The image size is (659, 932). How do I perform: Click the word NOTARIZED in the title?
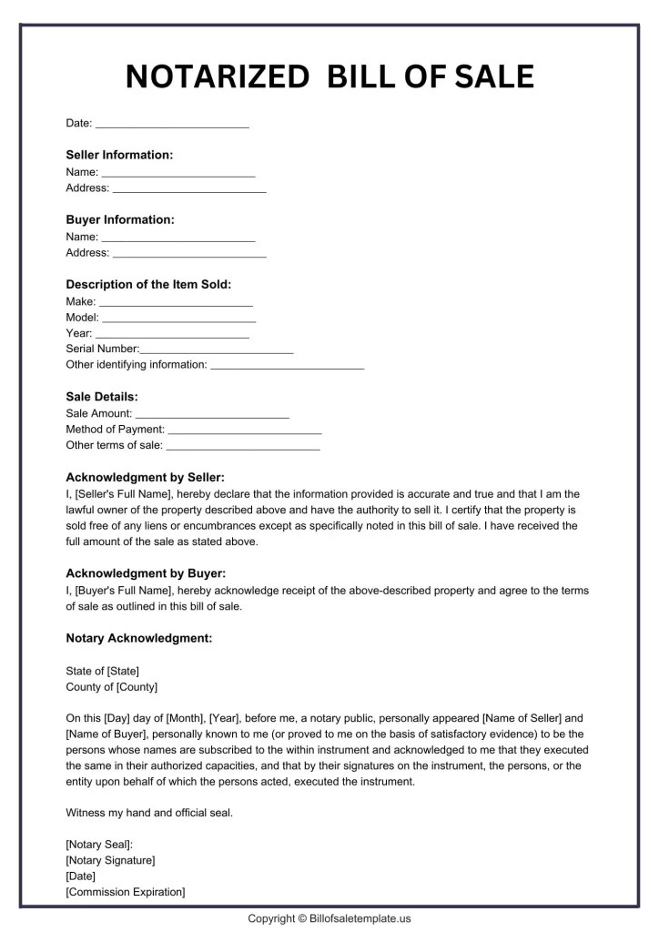(x=218, y=77)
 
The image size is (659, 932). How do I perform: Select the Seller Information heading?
(x=119, y=155)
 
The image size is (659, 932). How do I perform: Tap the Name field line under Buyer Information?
(x=178, y=238)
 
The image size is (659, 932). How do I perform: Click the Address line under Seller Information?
(x=189, y=189)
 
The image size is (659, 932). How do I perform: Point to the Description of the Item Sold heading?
(x=148, y=284)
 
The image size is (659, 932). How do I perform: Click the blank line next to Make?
(x=176, y=302)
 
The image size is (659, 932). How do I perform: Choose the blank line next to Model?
(x=178, y=319)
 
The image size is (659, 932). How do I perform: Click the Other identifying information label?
(x=137, y=365)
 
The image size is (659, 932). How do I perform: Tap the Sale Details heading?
(x=102, y=397)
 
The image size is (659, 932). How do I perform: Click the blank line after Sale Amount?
(x=212, y=414)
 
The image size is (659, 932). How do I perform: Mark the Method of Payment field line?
(x=245, y=430)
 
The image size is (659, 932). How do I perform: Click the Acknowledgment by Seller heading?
(x=145, y=477)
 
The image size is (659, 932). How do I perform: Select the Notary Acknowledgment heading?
(x=139, y=639)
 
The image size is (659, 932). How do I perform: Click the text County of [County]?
(x=112, y=687)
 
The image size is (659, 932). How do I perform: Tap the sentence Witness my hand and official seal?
(x=149, y=812)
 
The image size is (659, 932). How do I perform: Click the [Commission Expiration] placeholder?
(x=126, y=892)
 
